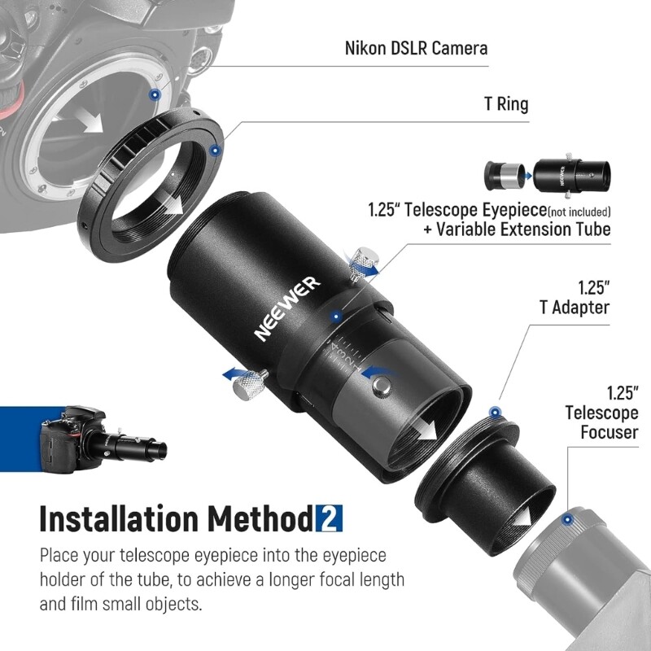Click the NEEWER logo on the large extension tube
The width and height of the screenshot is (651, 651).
point(287,308)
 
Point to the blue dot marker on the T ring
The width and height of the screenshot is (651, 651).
point(214,150)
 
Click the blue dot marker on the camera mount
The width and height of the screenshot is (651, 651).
point(153,95)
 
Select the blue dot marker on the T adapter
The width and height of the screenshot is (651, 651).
point(493,412)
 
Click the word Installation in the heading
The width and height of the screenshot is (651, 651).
point(120,518)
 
